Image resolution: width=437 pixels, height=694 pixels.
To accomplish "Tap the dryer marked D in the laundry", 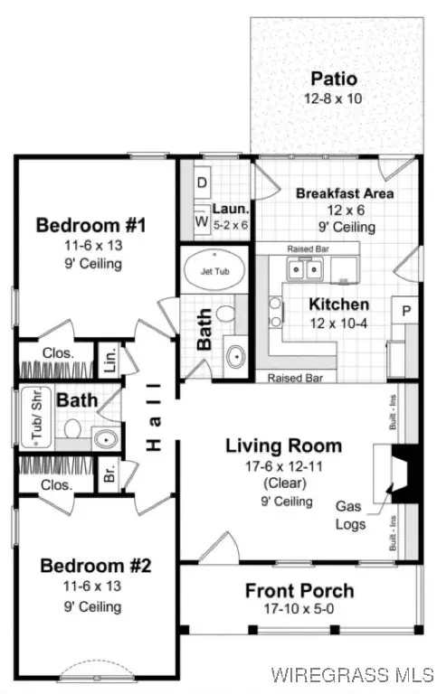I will point(201,183).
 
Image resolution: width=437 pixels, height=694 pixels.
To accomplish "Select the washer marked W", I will point(201,220).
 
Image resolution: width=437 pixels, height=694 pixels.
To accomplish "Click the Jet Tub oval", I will point(213,270).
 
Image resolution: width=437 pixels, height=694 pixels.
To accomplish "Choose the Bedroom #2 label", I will point(96,567).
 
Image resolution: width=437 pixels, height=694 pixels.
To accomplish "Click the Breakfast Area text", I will point(345,193).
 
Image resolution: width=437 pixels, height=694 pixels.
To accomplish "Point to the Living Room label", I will point(283,445).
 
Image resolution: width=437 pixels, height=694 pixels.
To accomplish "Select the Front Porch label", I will point(299,591).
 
